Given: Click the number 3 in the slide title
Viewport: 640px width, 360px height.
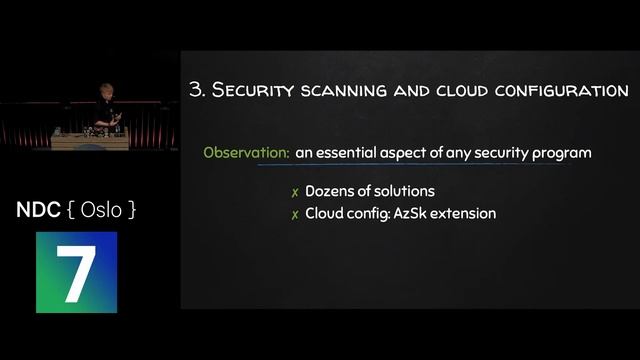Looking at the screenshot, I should tap(196, 90).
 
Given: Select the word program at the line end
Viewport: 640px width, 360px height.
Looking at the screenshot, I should tap(563, 153).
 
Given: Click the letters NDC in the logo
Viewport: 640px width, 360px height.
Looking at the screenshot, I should tap(38, 211).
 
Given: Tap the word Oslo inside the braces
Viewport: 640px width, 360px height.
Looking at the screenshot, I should tap(100, 211).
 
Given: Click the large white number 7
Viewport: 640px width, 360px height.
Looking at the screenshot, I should tap(76, 271).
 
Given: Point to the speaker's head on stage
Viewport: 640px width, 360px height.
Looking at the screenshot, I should tap(103, 90).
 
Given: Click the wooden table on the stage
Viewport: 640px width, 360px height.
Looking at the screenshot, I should tap(90, 140).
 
